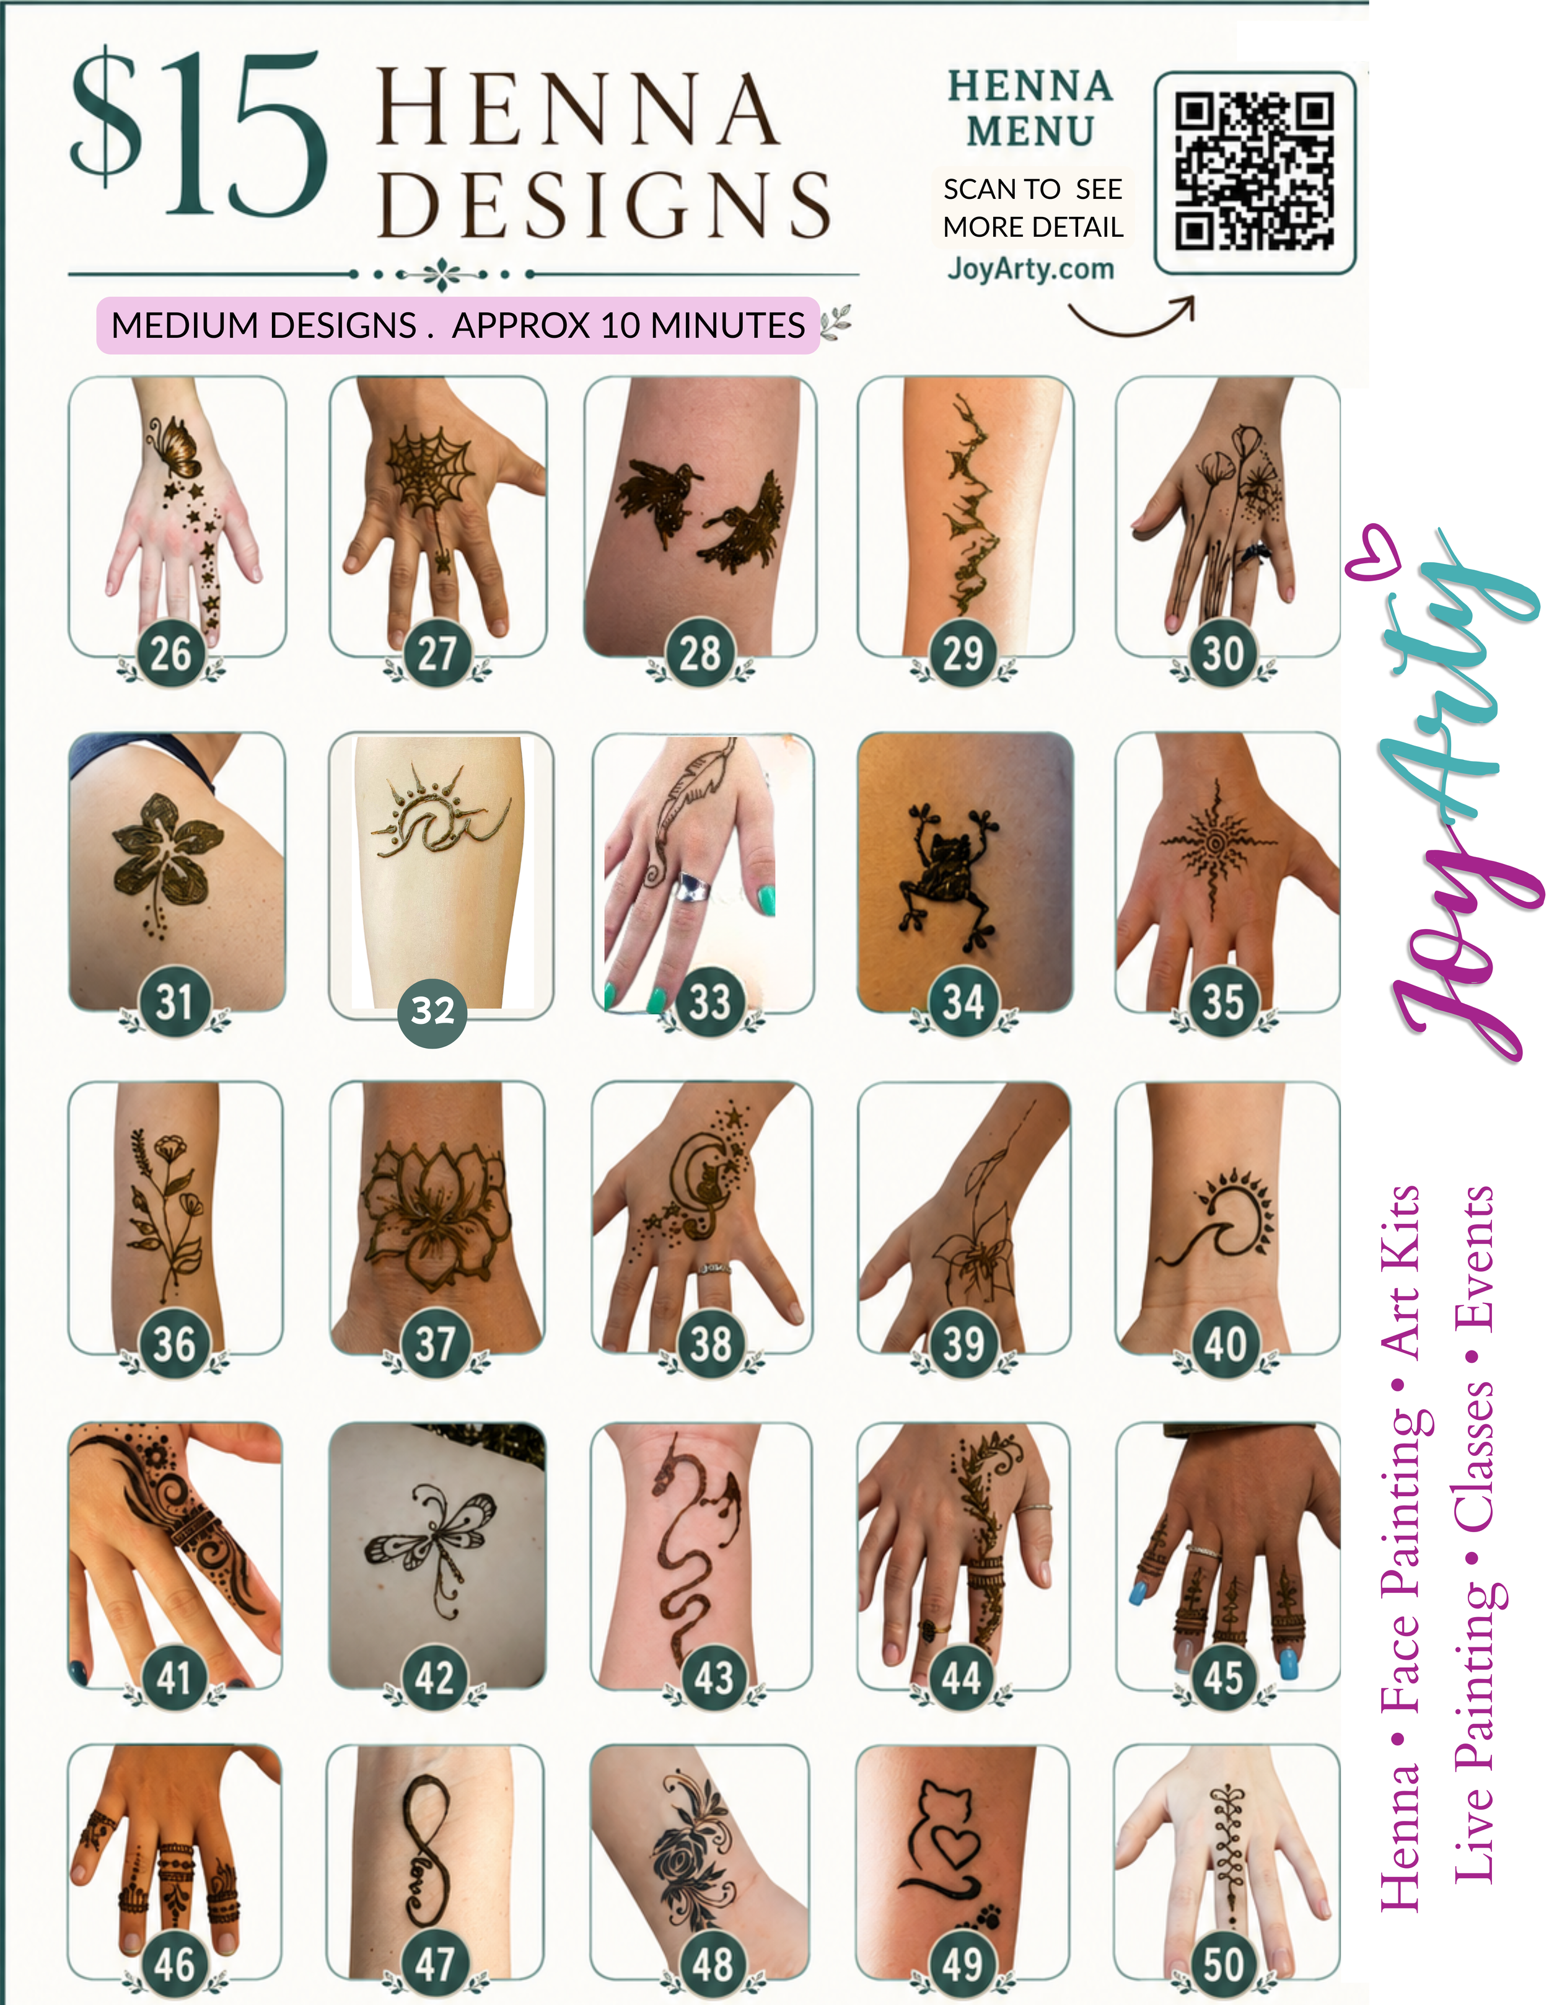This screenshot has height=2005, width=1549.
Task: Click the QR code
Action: coord(1255,172)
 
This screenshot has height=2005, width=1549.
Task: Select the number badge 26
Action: coord(170,654)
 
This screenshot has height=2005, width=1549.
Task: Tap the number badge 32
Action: coord(432,1011)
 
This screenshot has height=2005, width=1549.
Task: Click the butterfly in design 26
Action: coord(173,445)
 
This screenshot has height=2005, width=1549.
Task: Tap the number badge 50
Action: coord(1222,1963)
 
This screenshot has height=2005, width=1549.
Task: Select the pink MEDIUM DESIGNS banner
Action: coord(458,325)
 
